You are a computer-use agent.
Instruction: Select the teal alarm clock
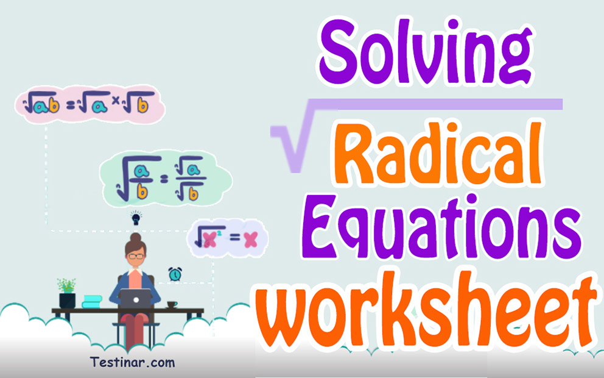tap(175, 274)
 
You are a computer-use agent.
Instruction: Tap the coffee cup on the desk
tap(172, 304)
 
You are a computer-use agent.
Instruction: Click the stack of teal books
tap(92, 301)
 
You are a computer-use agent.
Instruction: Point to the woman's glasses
tap(136, 257)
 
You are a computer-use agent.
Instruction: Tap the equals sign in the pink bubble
tap(70, 105)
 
